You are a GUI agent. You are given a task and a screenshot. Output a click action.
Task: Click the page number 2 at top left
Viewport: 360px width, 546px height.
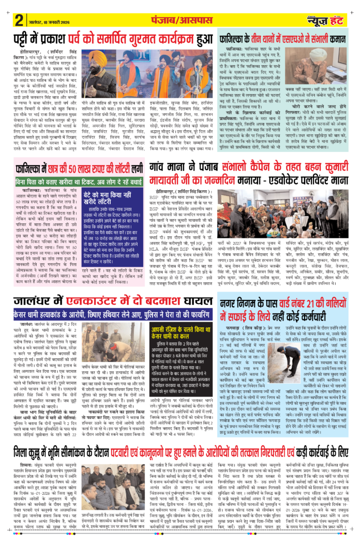[x=19, y=20]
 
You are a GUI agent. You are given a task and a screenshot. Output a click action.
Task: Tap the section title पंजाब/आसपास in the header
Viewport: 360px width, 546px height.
[x=179, y=19]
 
